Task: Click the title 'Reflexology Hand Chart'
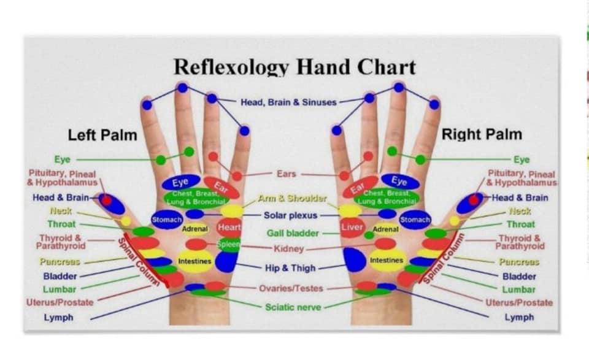click(x=294, y=67)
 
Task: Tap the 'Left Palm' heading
click(x=102, y=134)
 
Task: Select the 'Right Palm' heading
click(x=482, y=134)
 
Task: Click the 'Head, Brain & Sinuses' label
click(x=288, y=102)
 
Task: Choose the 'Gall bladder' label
click(x=293, y=233)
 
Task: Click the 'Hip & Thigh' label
click(x=290, y=268)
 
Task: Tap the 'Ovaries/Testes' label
click(x=290, y=288)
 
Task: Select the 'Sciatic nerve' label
click(x=293, y=307)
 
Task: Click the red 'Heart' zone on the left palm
click(x=229, y=228)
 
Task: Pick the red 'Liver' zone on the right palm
click(x=351, y=228)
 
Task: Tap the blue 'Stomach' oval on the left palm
click(x=166, y=219)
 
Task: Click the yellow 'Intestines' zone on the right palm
click(x=387, y=261)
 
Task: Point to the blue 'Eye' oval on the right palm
click(x=399, y=182)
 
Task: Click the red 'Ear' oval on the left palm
click(x=221, y=186)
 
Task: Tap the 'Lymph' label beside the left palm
click(x=58, y=318)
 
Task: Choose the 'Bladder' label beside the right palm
click(x=519, y=277)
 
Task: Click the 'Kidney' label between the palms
click(x=288, y=249)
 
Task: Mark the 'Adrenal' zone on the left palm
click(x=195, y=229)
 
